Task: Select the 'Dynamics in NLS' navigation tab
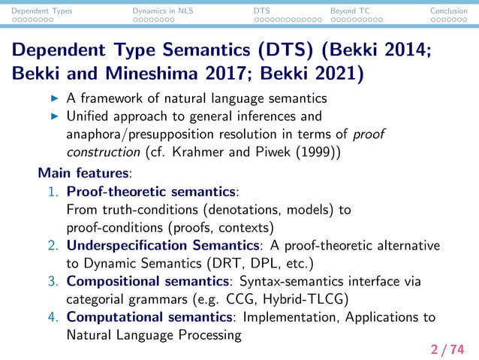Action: [x=162, y=11]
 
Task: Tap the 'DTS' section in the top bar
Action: [x=262, y=11]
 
